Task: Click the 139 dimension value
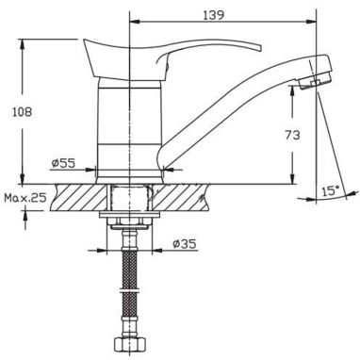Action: pyautogui.click(x=213, y=15)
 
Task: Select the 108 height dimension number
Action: pyautogui.click(x=22, y=112)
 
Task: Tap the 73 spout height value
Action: pyautogui.click(x=292, y=135)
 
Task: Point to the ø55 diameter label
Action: pyautogui.click(x=64, y=163)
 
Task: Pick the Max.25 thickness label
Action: pyautogui.click(x=25, y=198)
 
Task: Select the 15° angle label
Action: pyautogui.click(x=331, y=190)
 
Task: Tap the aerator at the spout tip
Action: pyautogui.click(x=316, y=82)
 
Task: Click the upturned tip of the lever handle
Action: pyautogui.click(x=258, y=47)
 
